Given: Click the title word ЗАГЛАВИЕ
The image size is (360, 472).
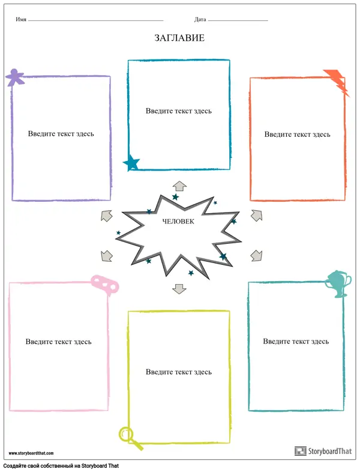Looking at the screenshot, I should pyautogui.click(x=179, y=38).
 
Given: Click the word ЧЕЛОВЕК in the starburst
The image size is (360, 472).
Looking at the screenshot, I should pyautogui.click(x=178, y=222).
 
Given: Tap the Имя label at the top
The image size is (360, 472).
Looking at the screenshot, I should pyautogui.click(x=21, y=20).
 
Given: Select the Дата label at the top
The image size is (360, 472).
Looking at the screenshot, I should pyautogui.click(x=200, y=20).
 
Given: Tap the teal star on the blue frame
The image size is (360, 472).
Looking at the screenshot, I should pyautogui.click(x=131, y=162).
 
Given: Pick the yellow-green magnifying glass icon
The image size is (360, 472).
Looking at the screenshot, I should pyautogui.click(x=130, y=437).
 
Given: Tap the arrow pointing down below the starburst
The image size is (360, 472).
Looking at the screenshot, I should pyautogui.click(x=179, y=288).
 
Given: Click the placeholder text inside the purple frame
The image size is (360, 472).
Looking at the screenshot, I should pyautogui.click(x=61, y=133).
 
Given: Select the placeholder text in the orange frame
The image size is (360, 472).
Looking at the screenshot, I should pyautogui.click(x=297, y=134).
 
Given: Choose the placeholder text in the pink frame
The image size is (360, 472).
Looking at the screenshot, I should pyautogui.click(x=58, y=342).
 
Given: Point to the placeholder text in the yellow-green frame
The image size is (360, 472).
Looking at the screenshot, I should pyautogui.click(x=178, y=372).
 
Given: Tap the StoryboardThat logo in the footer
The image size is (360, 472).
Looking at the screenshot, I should pyautogui.click(x=322, y=451).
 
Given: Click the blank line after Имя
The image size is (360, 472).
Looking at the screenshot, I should pyautogui.click(x=95, y=21).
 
